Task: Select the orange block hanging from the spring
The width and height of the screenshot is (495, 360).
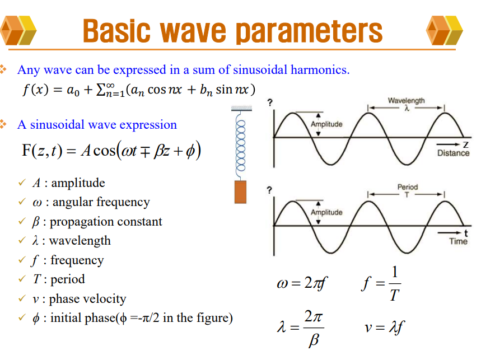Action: point(240,191)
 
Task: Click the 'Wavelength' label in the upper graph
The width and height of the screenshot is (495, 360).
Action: point(406,100)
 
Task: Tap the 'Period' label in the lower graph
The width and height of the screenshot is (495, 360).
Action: point(407,187)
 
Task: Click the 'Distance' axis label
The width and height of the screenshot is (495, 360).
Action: point(453,153)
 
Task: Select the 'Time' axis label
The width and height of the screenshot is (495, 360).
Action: point(457,241)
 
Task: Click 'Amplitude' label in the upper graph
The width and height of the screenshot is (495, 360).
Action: point(326,124)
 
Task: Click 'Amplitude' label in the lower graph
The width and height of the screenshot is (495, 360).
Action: point(326,212)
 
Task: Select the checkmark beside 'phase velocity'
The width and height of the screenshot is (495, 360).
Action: point(22,299)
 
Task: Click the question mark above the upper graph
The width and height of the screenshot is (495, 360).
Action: point(269,102)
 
